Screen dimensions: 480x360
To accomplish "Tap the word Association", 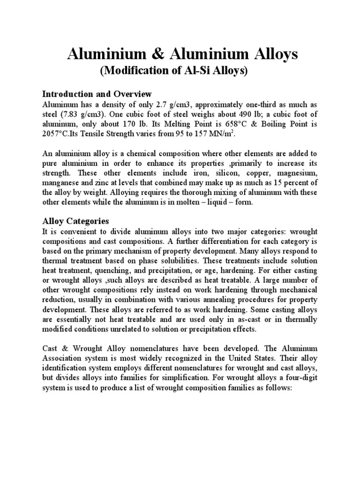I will (63, 360).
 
